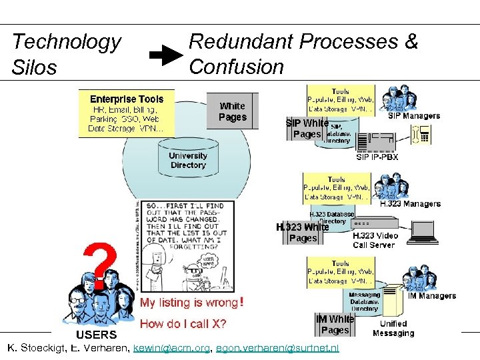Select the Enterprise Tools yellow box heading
pyautogui.click(x=127, y=99)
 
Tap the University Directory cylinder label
pyautogui.click(x=187, y=160)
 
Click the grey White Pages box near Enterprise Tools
pyautogui.click(x=232, y=111)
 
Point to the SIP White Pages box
pyautogui.click(x=307, y=129)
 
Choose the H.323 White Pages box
pyautogui.click(x=303, y=232)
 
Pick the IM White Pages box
pyautogui.click(x=335, y=325)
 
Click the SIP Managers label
pyautogui.click(x=414, y=116)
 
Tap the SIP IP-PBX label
pyautogui.click(x=377, y=157)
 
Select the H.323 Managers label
pyautogui.click(x=410, y=204)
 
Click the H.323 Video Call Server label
pyautogui.click(x=375, y=240)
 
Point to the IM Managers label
pyautogui.click(x=432, y=295)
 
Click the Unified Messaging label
pyautogui.click(x=393, y=328)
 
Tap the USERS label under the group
pyautogui.click(x=96, y=334)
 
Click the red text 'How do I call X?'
pyautogui.click(x=183, y=325)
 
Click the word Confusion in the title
pyautogui.click(x=236, y=66)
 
